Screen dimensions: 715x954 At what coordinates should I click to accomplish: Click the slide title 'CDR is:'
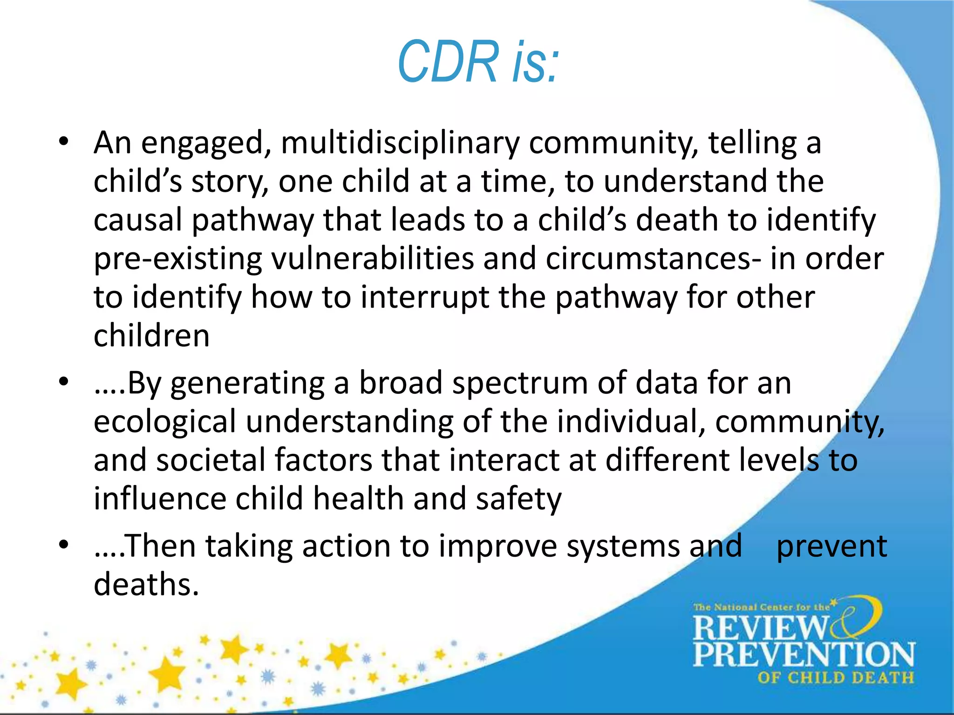tap(478, 62)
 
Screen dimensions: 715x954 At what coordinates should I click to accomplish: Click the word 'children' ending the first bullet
tap(151, 336)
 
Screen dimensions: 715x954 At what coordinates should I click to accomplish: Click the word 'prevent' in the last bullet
tap(831, 546)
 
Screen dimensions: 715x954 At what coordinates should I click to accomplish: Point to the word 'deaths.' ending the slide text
tap(146, 585)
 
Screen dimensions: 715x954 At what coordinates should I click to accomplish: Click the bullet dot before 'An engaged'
tap(64, 141)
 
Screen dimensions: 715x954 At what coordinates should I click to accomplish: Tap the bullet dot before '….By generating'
tap(64, 382)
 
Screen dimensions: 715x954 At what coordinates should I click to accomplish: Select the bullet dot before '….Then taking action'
tap(64, 544)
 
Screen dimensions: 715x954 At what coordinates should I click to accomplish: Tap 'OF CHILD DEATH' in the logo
tap(835, 678)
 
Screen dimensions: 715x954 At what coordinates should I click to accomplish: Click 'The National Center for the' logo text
tap(762, 607)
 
